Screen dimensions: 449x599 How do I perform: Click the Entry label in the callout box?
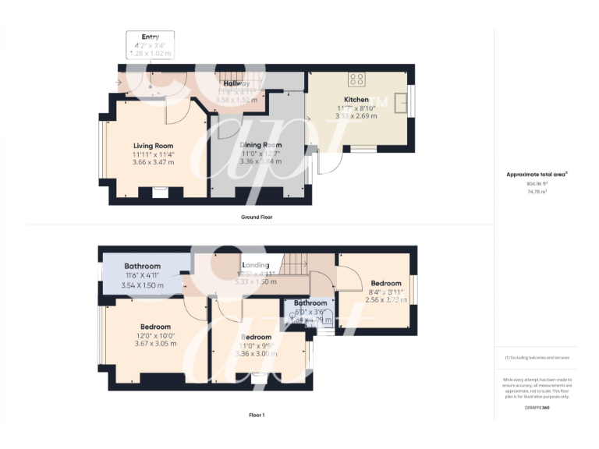click(x=150, y=37)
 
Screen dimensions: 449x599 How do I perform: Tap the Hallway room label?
click(x=236, y=83)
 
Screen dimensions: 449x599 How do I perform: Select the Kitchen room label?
click(x=356, y=100)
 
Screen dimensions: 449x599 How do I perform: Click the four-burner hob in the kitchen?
click(x=356, y=78)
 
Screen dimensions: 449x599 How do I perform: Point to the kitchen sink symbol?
click(x=403, y=102)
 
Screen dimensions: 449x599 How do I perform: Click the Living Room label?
click(x=153, y=146)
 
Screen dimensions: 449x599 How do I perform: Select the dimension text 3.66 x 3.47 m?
click(x=153, y=162)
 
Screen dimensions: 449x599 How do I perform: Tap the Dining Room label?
click(x=261, y=145)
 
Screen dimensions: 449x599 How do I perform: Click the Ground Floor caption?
click(x=256, y=217)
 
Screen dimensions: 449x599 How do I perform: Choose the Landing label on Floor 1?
click(x=255, y=265)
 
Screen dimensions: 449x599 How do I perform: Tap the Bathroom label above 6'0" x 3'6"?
click(x=310, y=302)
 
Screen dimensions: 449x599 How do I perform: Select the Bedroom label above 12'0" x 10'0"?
click(x=155, y=327)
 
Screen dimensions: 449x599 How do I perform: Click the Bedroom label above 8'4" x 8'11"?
click(x=386, y=283)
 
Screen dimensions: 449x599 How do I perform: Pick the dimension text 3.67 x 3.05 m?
click(x=152, y=344)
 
